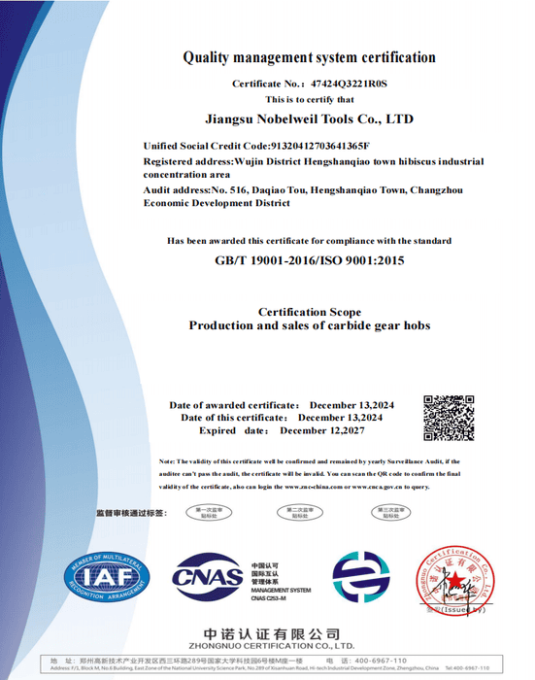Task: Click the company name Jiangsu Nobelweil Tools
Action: pyautogui.click(x=311, y=119)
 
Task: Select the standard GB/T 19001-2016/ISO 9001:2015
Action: pyautogui.click(x=309, y=260)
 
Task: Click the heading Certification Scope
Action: pyautogui.click(x=309, y=312)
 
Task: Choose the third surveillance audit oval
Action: pyautogui.click(x=388, y=512)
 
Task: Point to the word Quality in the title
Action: pyautogui.click(x=207, y=57)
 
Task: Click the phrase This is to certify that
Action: pyautogui.click(x=309, y=100)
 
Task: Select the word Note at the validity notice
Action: pyautogui.click(x=166, y=460)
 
